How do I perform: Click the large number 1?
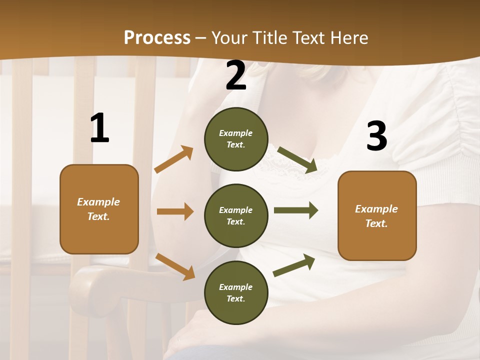tap(99, 128)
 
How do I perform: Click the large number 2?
tap(236, 76)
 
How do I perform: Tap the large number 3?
tap(376, 136)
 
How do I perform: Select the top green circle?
tap(236, 139)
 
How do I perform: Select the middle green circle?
tap(236, 216)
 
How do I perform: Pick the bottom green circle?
tap(236, 293)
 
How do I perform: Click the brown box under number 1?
tap(99, 209)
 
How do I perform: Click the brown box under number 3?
tap(377, 216)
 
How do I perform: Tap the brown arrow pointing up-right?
tap(174, 159)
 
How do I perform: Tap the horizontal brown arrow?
tap(175, 211)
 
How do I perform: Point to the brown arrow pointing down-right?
tap(175, 266)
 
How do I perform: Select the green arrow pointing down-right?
tap(297, 160)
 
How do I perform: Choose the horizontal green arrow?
tap(296, 210)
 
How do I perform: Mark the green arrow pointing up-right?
tap(294, 265)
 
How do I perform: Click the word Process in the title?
tap(157, 37)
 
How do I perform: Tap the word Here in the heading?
tap(349, 37)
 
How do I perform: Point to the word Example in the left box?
tap(98, 202)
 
